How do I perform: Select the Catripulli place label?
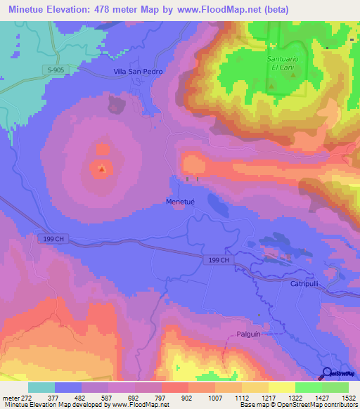pyautogui.click(x=305, y=283)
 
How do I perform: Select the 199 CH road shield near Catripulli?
pyautogui.click(x=219, y=259)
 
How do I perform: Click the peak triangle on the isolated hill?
pyautogui.click(x=102, y=169)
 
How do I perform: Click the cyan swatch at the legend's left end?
pyautogui.click(x=41, y=387)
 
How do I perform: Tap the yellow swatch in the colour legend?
pyautogui.click(x=281, y=387)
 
